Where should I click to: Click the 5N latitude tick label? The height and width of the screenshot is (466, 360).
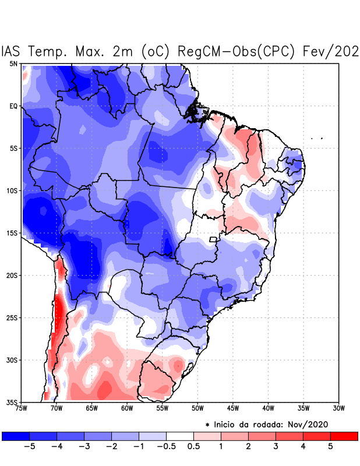[13, 63]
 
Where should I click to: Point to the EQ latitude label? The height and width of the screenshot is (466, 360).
[13, 106]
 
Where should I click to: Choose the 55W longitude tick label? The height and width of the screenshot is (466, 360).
[163, 408]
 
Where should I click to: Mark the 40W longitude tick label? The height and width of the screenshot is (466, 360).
[268, 408]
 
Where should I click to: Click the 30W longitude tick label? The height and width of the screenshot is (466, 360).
[338, 408]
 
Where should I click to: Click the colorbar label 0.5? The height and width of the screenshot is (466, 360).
[193, 447]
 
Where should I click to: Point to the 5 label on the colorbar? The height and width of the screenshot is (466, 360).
[330, 447]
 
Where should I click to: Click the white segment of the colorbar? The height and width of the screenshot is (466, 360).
[180, 436]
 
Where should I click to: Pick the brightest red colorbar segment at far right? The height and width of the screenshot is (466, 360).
[344, 436]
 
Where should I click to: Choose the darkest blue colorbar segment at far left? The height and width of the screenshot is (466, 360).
[16, 436]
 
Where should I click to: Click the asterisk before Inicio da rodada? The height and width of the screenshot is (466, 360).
[207, 425]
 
